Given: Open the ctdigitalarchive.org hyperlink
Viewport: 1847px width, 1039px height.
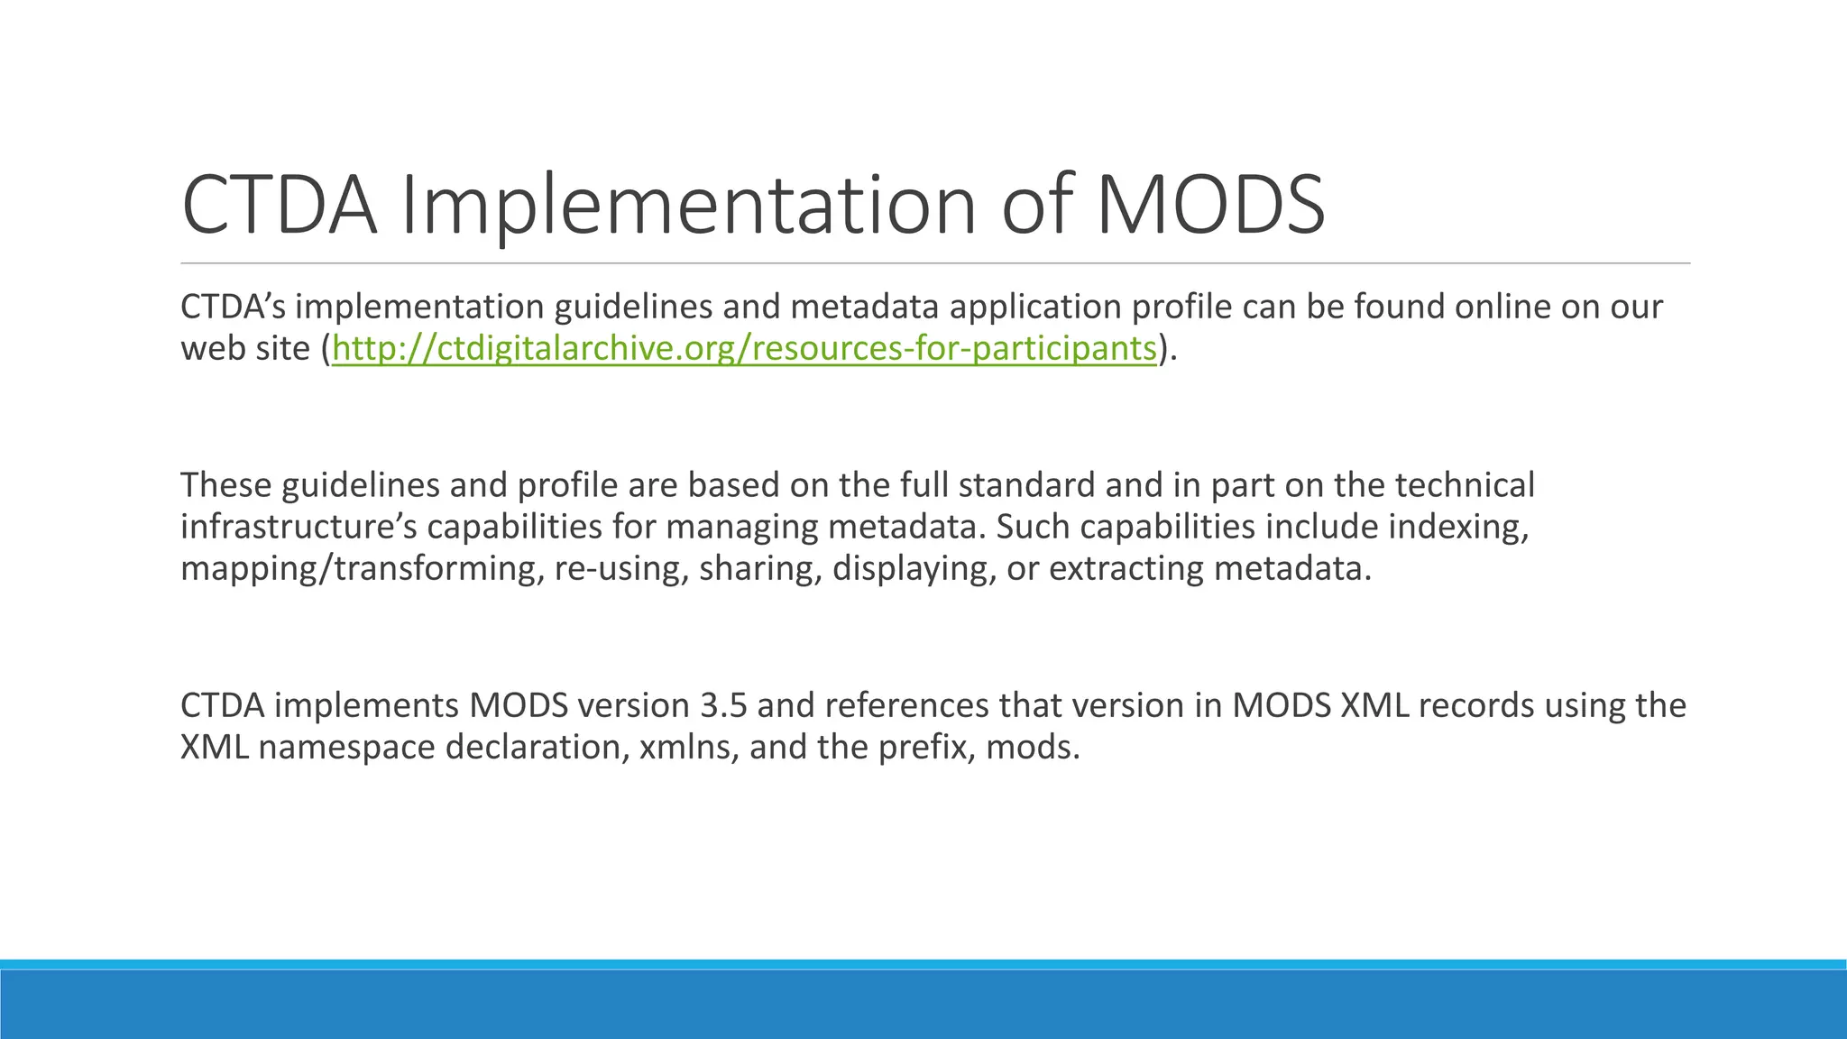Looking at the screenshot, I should [x=744, y=348].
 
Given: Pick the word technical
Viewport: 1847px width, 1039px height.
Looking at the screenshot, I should [x=1465, y=485].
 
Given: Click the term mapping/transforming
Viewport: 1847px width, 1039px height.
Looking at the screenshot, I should [x=358, y=569].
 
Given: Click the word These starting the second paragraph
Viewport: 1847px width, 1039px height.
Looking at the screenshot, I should [x=225, y=485].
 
